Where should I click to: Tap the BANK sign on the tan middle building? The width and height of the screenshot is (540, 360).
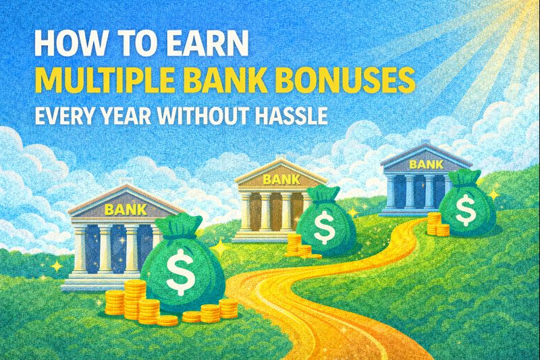[275, 180]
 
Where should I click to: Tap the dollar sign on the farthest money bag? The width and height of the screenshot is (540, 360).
[465, 209]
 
